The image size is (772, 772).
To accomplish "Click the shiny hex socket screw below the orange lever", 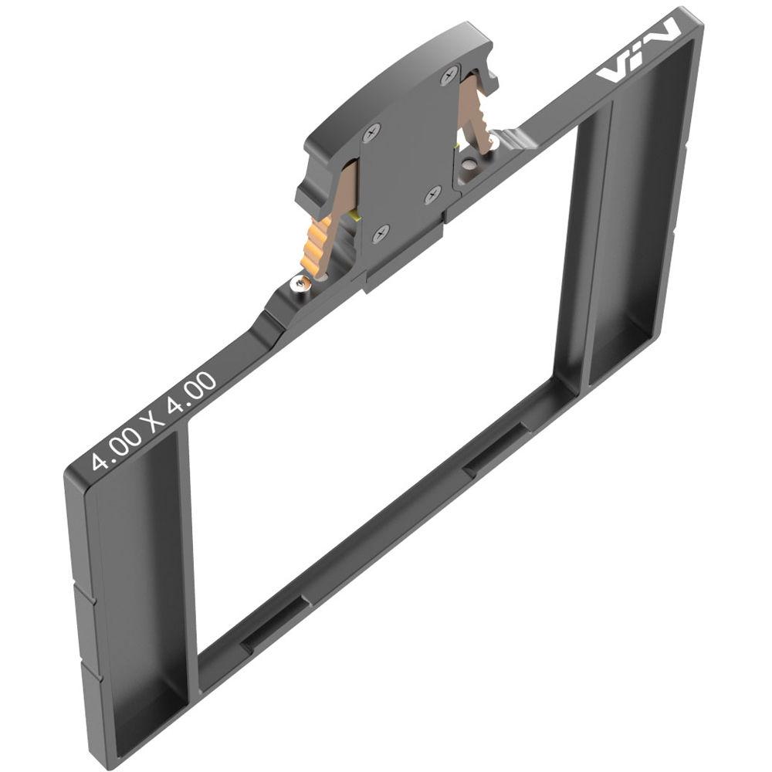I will [x=300, y=283].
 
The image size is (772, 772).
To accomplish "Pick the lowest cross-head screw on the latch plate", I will [x=381, y=232].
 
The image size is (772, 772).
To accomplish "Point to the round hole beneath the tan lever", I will [x=469, y=163].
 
